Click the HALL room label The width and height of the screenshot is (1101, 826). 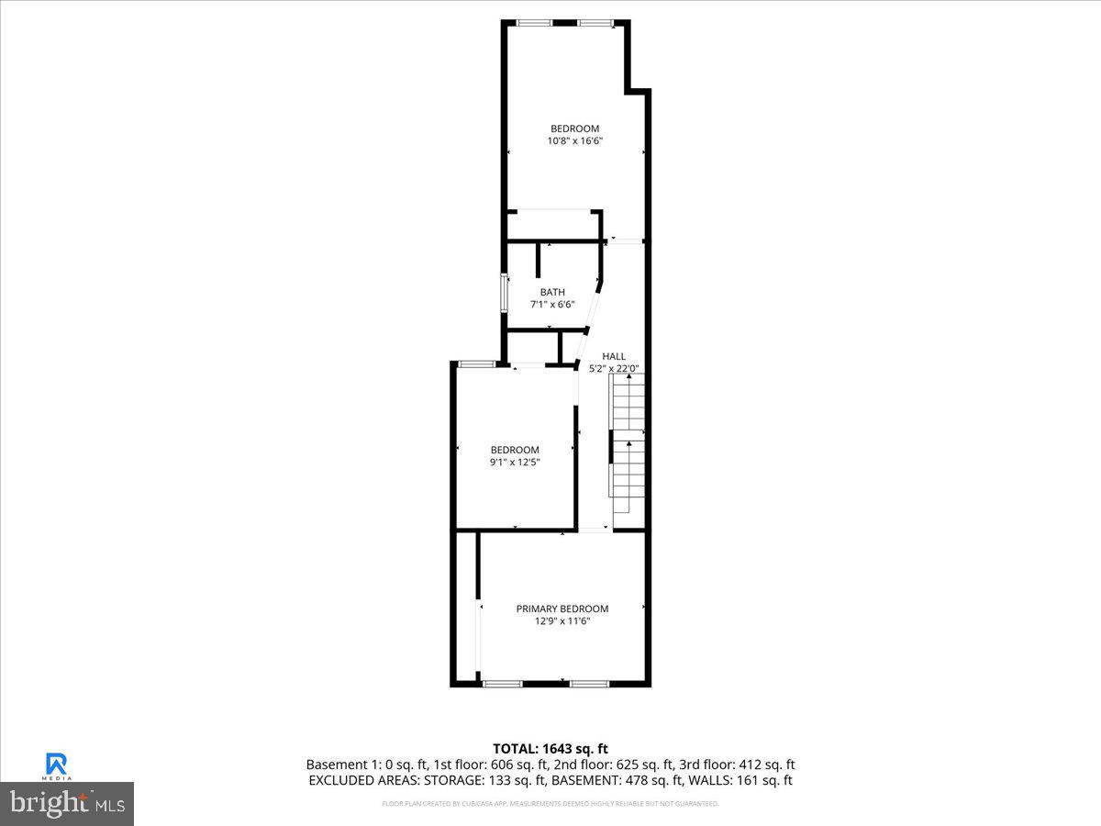tap(614, 356)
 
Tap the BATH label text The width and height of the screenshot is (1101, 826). tap(552, 293)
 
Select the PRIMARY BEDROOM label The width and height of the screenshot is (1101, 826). tap(562, 608)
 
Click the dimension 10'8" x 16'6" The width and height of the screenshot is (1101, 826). tap(575, 140)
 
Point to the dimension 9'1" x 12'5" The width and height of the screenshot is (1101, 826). tap(515, 462)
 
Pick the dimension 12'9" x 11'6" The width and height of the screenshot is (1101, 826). tap(562, 621)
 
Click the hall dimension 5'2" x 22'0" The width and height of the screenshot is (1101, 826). tap(614, 368)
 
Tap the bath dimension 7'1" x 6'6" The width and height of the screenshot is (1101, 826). tap(552, 305)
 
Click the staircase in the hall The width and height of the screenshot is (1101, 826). tap(628, 445)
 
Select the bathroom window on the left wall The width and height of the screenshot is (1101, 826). tap(504, 293)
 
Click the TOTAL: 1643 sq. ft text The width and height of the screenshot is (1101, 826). tap(550, 749)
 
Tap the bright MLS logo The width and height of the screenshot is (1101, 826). tap(67, 804)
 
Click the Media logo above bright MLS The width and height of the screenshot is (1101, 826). tap(57, 765)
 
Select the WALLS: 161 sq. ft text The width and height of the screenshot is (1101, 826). tap(742, 780)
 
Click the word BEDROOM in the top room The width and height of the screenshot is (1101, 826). tap(575, 128)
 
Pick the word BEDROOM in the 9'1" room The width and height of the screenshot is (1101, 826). tap(515, 450)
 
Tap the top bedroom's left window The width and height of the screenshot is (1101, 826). tap(528, 23)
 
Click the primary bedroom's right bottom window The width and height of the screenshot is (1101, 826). tap(589, 684)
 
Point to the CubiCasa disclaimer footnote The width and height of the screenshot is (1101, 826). tap(550, 804)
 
